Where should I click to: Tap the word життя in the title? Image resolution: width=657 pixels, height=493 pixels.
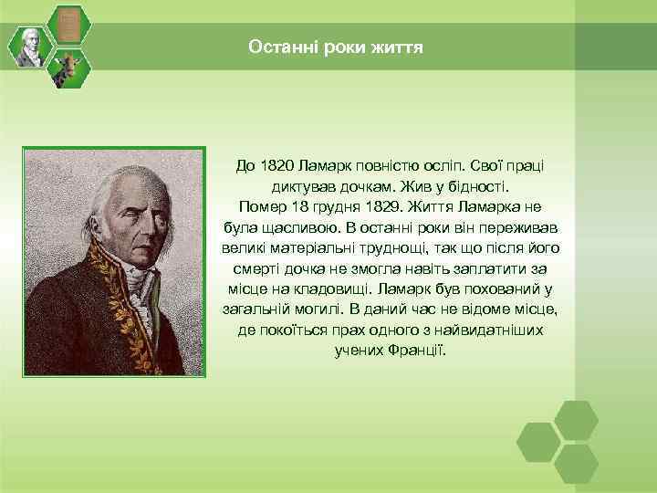pos(397,46)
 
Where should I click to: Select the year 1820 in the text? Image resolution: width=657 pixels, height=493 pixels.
pos(276,167)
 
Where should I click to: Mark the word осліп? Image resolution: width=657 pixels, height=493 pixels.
pos(443,167)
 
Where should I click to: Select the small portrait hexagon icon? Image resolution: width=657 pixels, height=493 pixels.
pos(31,46)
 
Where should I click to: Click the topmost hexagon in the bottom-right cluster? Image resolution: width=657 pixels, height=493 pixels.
pos(578,419)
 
